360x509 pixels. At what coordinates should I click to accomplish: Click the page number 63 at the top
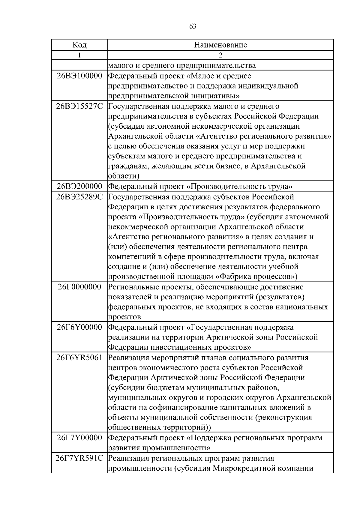pyautogui.click(x=193, y=27)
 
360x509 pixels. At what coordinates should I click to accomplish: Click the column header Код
pyautogui.click(x=79, y=45)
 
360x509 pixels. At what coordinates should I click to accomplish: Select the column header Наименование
pyautogui.click(x=220, y=45)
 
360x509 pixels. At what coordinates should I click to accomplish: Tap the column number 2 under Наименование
pyautogui.click(x=220, y=55)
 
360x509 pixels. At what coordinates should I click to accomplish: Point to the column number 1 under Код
pyautogui.click(x=79, y=55)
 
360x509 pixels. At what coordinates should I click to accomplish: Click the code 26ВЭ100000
pyautogui.click(x=79, y=76)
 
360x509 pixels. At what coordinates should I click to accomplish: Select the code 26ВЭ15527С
pyautogui.click(x=79, y=106)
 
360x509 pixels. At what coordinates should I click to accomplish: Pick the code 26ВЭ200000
pyautogui.click(x=79, y=187)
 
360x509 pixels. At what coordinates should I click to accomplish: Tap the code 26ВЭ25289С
pyautogui.click(x=79, y=197)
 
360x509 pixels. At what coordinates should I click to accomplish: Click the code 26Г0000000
pyautogui.click(x=79, y=287)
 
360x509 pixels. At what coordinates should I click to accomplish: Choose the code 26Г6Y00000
pyautogui.click(x=79, y=327)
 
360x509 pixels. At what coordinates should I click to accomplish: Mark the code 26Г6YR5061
pyautogui.click(x=79, y=358)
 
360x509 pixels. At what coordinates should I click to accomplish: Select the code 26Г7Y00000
pyautogui.click(x=79, y=438)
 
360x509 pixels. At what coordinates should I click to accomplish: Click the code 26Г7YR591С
pyautogui.click(x=79, y=458)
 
